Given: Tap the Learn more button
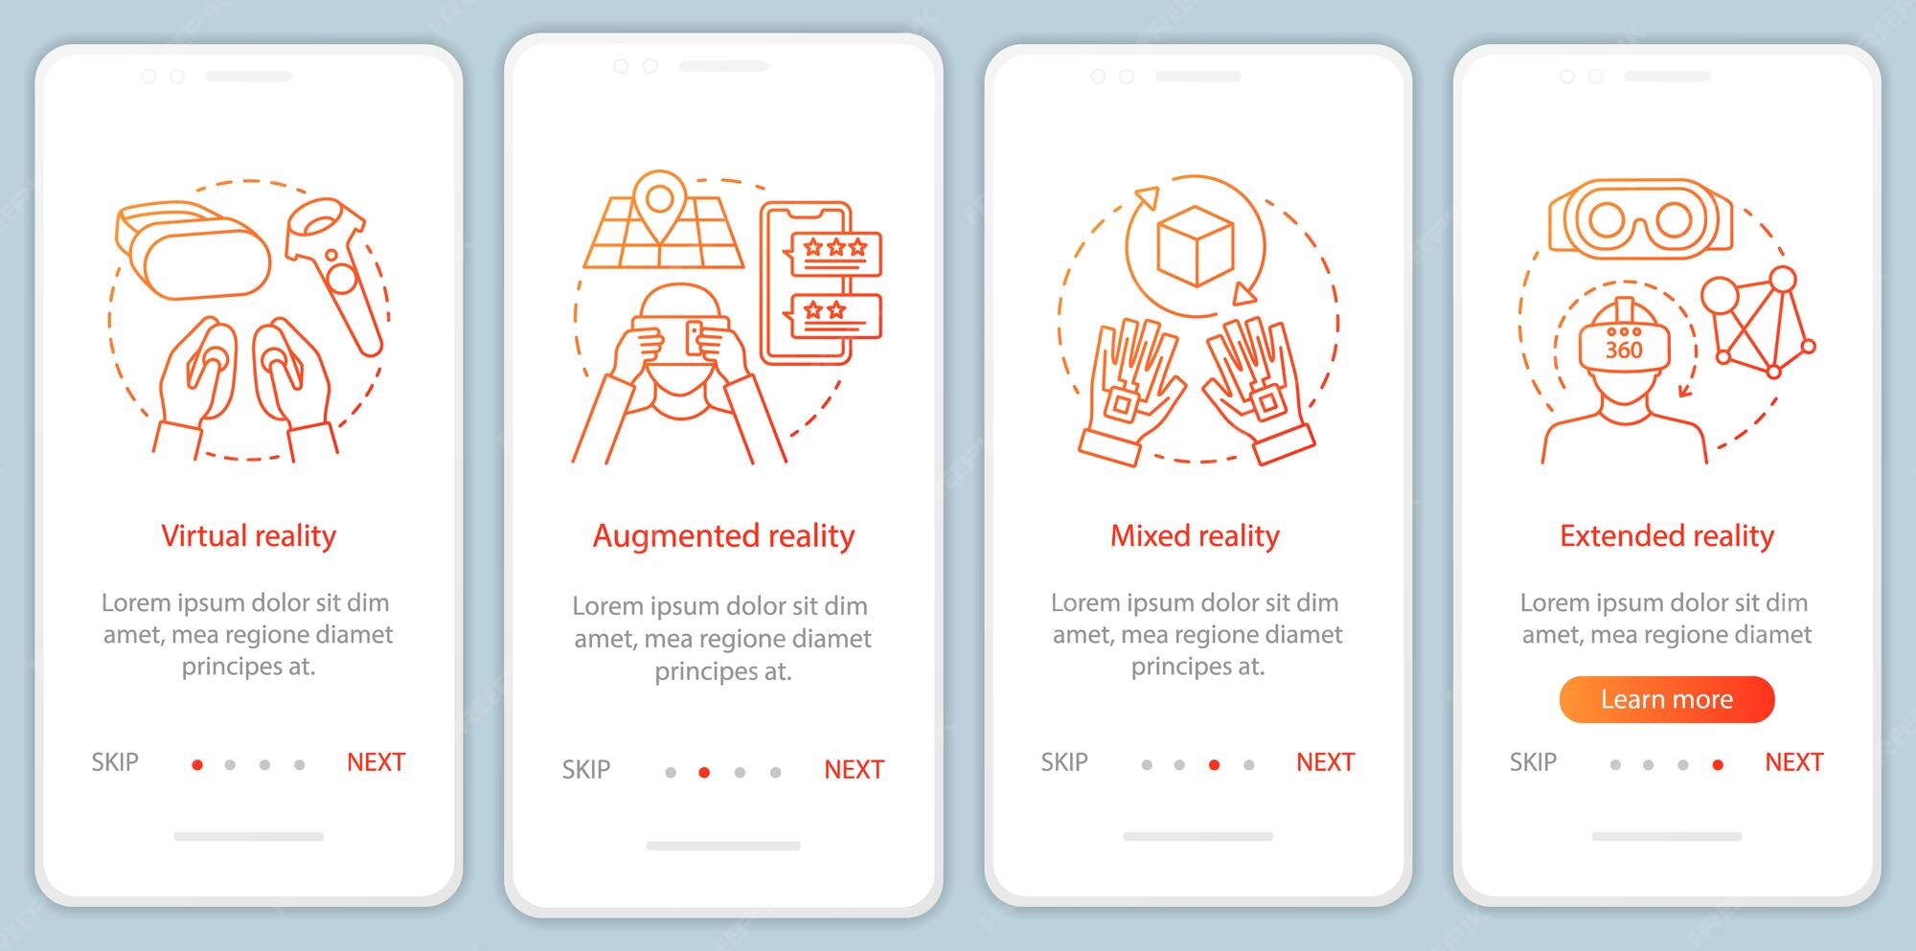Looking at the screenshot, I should tap(1666, 699).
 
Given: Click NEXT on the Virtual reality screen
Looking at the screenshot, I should tap(376, 762).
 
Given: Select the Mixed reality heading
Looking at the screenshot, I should tap(1195, 535).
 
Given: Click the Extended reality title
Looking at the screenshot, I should tap(1666, 535).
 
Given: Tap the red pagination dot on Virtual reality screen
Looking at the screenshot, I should tap(197, 764).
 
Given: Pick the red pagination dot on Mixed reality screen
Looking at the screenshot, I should tap(1214, 764).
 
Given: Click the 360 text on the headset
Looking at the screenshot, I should tap(1623, 350).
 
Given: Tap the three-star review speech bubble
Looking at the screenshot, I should tap(833, 252).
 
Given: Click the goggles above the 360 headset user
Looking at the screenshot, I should tap(1640, 220).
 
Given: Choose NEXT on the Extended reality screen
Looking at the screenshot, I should tap(1793, 762).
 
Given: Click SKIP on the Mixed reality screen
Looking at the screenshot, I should tap(1063, 762).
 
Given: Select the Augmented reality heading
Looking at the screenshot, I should tap(723, 535).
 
